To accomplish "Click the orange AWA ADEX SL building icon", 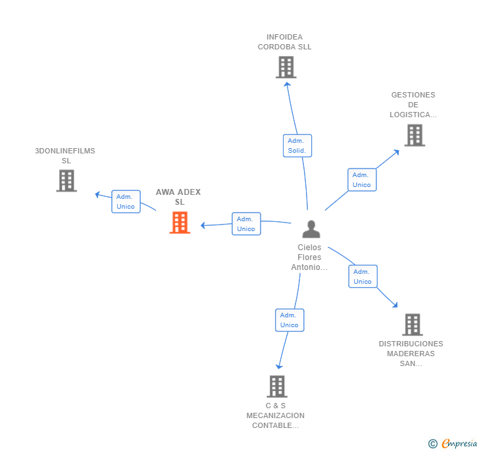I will pyautogui.click(x=180, y=223).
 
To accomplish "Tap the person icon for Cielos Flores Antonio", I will pyautogui.click(x=311, y=228).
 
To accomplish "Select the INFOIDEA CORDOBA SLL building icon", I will pyautogui.click(x=286, y=67).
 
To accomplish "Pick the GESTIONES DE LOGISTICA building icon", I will pyautogui.click(x=414, y=135).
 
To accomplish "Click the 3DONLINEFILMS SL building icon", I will pyautogui.click(x=66, y=180).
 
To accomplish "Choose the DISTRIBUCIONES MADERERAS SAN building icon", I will pyautogui.click(x=412, y=325).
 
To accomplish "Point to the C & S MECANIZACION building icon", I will pyautogui.click(x=277, y=386).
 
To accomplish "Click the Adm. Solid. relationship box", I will pyautogui.click(x=297, y=146).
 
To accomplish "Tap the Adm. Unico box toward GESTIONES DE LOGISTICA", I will pyautogui.click(x=361, y=180).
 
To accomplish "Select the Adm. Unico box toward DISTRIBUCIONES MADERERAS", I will pyautogui.click(x=363, y=277).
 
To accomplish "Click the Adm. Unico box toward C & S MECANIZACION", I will pyautogui.click(x=289, y=320).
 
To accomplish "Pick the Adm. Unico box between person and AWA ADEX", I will pyautogui.click(x=246, y=224).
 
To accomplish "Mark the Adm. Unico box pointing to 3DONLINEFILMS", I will pyautogui.click(x=125, y=201).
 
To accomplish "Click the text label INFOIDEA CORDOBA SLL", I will pyautogui.click(x=284, y=42).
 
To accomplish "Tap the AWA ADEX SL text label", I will pyautogui.click(x=178, y=197).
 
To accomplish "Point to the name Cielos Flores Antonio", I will pyautogui.click(x=309, y=257).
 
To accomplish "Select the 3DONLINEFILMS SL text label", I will pyautogui.click(x=65, y=155).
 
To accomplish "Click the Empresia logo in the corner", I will pyautogui.click(x=459, y=444).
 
